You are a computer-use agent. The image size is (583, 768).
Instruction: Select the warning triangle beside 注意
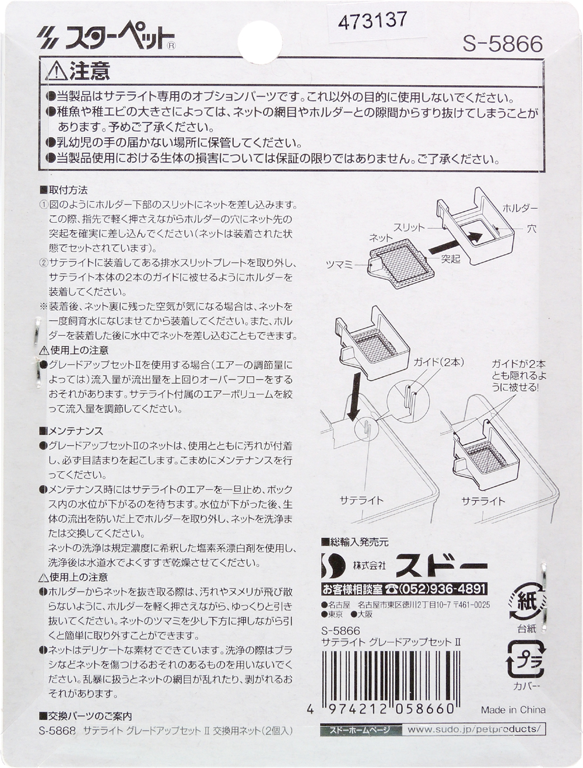point(57,72)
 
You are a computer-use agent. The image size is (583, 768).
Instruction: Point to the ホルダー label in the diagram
point(520,209)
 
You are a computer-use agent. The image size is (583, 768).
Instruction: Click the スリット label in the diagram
point(409,228)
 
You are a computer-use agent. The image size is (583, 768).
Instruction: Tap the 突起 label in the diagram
point(450,259)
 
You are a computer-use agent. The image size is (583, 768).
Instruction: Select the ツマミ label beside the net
point(339,265)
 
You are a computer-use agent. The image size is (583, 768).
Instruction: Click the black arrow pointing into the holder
point(454,243)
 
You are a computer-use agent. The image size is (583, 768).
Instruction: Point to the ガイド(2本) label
point(438,363)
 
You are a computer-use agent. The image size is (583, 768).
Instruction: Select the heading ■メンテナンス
point(72,430)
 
